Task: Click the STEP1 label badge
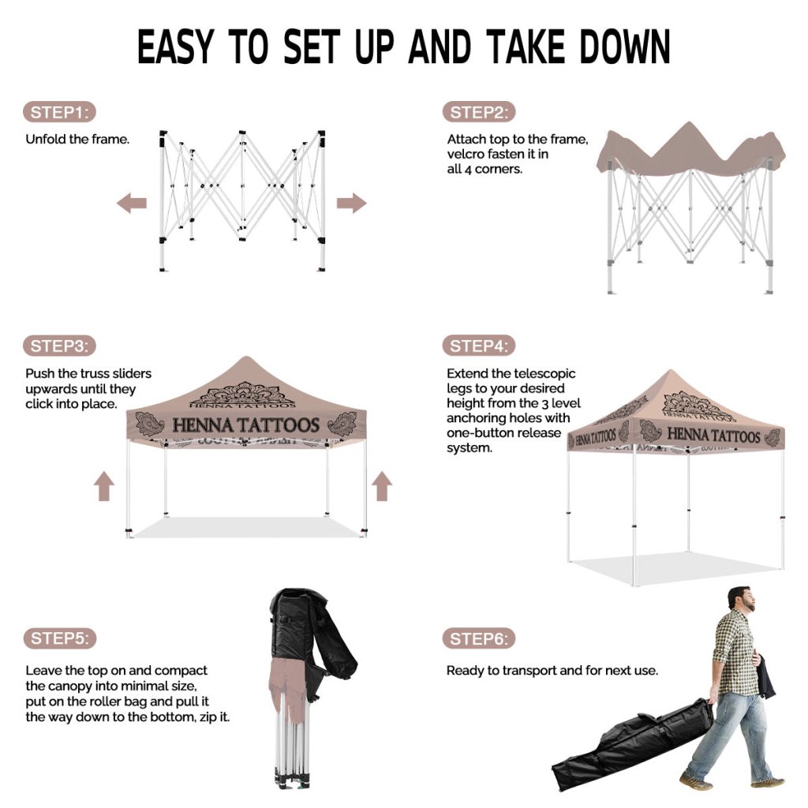[59, 112]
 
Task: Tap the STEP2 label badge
[479, 112]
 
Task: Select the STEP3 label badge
[59, 346]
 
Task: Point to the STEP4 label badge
[479, 346]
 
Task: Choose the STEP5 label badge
[60, 638]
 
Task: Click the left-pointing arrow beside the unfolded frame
[132, 203]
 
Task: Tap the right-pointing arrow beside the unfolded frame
[351, 203]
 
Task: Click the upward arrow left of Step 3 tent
[104, 486]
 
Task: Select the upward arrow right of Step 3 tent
[382, 486]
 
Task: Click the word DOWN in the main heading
[625, 47]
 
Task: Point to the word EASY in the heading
[175, 47]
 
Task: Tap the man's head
[741, 599]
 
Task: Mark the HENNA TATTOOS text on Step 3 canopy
[246, 425]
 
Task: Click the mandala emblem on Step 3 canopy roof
[242, 395]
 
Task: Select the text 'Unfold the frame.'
[77, 139]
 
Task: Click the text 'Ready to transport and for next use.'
[552, 671]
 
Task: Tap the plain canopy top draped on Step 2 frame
[690, 152]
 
